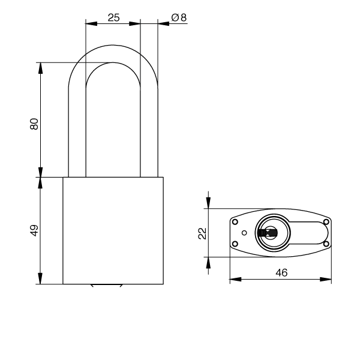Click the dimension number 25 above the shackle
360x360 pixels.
[x=113, y=17]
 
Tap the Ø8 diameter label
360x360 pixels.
[x=179, y=17]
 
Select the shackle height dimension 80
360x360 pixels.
[x=34, y=124]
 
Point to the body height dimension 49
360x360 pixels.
[x=34, y=230]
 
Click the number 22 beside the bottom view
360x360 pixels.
[x=202, y=233]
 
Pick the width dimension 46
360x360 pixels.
[x=281, y=272]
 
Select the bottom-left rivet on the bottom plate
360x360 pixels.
[x=235, y=243]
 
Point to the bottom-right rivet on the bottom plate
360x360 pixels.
[x=326, y=243]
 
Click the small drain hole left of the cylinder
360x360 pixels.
[x=244, y=233]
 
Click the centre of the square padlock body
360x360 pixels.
[x=113, y=230]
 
